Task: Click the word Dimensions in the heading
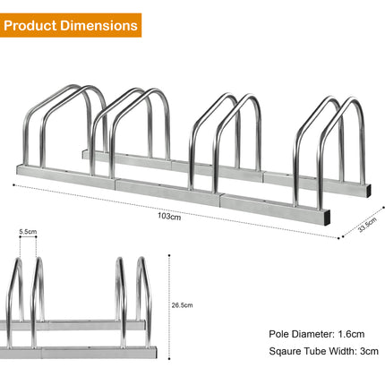click(102, 25)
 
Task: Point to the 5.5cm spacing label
click(29, 231)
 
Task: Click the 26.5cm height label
click(183, 304)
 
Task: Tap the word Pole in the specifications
click(278, 333)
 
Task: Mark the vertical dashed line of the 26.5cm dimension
click(170, 304)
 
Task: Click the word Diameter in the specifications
click(314, 333)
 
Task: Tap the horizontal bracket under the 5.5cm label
click(29, 240)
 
